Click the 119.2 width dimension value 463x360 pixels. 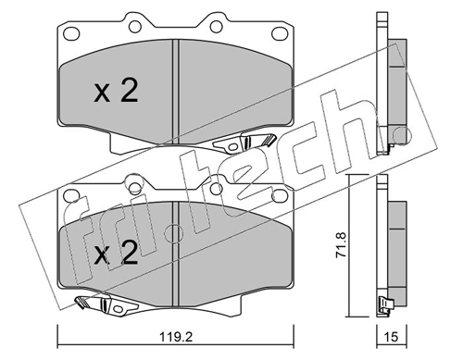point(176,336)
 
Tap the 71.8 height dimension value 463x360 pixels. point(343,245)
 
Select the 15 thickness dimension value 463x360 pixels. point(392,336)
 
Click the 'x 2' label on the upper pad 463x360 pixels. point(116,92)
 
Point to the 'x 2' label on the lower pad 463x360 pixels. point(116,253)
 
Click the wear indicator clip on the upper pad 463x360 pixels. point(244,143)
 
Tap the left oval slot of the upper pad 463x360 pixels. point(71,32)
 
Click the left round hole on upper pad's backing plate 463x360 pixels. point(135,27)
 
